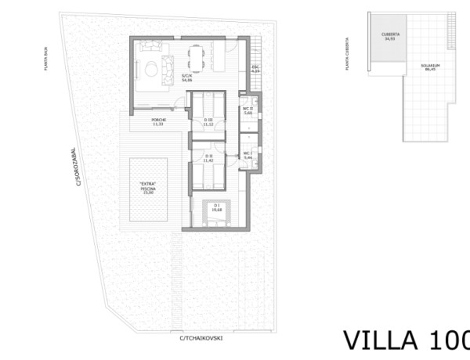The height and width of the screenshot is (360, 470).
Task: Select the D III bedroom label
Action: click(208, 122)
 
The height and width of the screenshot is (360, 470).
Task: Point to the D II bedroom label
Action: click(208, 158)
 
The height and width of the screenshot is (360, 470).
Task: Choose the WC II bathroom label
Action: click(247, 111)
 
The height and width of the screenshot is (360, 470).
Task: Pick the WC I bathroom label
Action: click(248, 156)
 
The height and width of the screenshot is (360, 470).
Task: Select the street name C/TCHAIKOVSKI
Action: click(201, 338)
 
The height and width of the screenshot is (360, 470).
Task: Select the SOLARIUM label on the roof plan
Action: click(428, 67)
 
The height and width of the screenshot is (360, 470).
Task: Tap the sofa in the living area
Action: click(167, 62)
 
